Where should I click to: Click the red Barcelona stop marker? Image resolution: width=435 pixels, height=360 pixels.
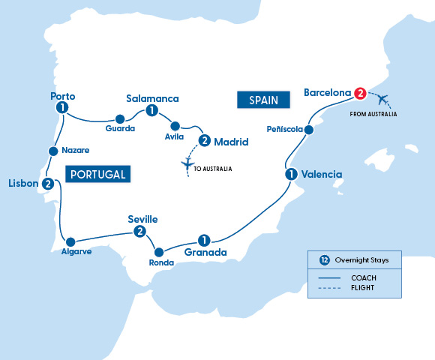[360, 94]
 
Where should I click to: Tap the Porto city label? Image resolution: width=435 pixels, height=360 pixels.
[62, 96]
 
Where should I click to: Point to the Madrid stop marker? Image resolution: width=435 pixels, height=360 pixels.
[204, 140]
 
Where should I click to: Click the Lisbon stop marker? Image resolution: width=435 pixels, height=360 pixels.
[48, 184]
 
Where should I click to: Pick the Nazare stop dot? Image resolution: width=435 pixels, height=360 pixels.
[52, 151]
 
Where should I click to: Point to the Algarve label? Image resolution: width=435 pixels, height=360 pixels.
[76, 252]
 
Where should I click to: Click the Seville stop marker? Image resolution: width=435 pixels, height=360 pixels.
[139, 232]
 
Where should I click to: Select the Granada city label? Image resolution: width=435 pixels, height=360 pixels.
[205, 253]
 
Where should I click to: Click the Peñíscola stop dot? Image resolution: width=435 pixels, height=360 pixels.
[308, 130]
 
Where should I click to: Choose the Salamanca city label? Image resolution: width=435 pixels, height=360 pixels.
[153, 97]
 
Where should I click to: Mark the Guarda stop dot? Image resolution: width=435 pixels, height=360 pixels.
[119, 118]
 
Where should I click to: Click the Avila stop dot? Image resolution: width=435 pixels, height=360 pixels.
[175, 126]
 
